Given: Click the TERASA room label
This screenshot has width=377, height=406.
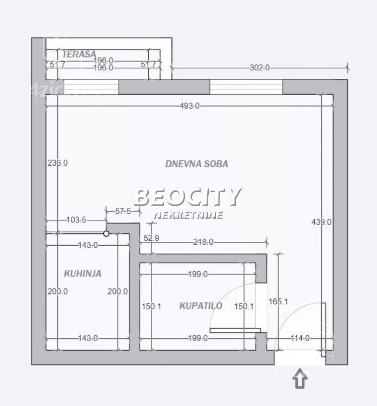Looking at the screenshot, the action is click(79, 54).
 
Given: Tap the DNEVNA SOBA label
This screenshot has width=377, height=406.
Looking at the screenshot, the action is click(197, 164).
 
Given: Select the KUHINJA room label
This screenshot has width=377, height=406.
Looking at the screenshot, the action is click(83, 273).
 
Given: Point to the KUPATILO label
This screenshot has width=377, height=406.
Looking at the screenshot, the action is click(201, 306).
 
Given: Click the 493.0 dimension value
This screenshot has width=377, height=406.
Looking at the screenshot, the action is click(190, 106).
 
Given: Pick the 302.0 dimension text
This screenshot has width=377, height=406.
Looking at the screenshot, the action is click(260, 68).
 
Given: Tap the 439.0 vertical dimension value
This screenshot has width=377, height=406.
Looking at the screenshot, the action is click(321, 222).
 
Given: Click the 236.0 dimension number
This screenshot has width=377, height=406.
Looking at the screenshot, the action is click(58, 163).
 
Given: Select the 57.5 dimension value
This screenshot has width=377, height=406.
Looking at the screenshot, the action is click(123, 211).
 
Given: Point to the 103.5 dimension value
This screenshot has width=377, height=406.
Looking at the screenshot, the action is click(76, 220).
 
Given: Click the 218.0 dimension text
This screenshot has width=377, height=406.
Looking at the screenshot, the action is click(203, 242).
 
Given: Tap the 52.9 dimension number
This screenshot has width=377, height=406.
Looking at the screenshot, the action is click(151, 238).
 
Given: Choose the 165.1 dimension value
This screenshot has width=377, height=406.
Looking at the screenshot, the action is click(278, 302).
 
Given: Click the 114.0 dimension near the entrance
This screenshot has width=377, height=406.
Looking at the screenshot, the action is click(300, 338).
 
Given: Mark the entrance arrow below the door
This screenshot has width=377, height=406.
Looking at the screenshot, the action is click(300, 378).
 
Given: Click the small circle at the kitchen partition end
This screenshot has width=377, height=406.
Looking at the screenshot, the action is click(106, 233).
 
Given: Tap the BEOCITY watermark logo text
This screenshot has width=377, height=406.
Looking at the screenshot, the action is click(188, 197).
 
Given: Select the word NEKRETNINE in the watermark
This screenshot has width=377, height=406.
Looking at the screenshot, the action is click(188, 215).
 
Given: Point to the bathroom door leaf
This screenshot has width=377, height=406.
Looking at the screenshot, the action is click(235, 330).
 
